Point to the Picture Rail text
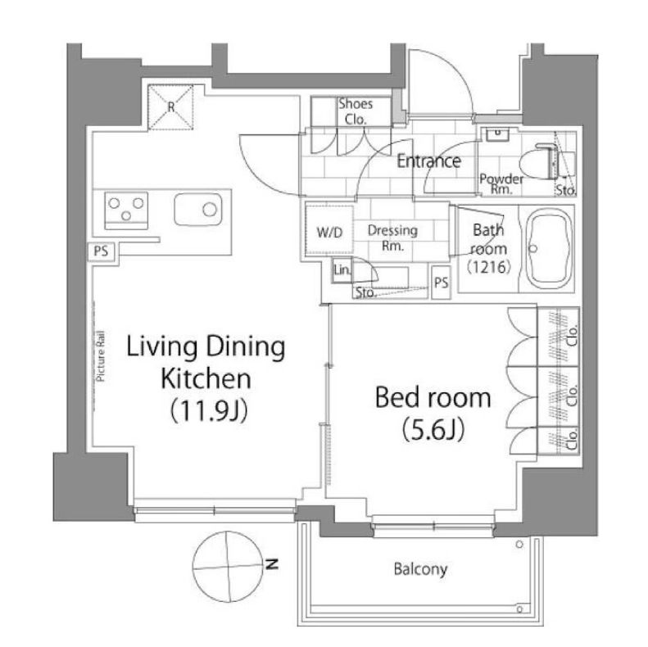102,357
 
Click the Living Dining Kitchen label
205,362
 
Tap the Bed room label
433,399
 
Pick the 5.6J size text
433,429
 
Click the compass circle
224,564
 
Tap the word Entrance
428,161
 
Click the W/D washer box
329,232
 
